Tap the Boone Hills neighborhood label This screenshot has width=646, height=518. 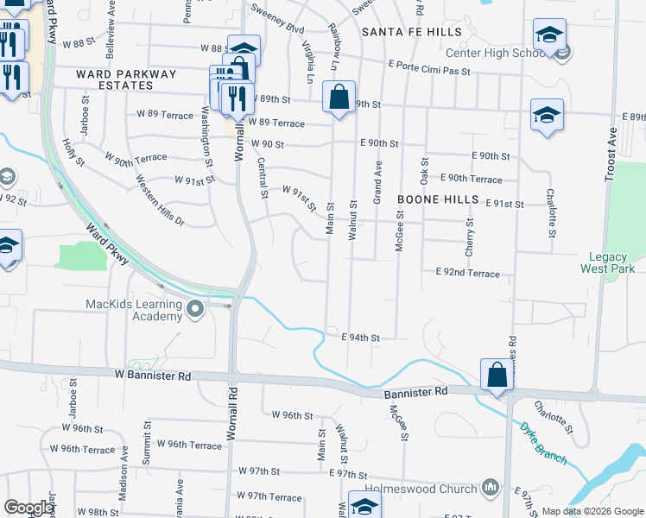[x=437, y=199]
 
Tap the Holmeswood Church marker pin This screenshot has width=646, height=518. [x=491, y=489]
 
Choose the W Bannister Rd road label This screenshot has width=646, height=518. [x=152, y=376]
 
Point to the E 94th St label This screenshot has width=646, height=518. [x=360, y=338]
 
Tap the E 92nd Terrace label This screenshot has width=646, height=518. [x=467, y=273]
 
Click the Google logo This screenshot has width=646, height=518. [x=28, y=508]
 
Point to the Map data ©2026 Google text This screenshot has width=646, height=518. [x=592, y=511]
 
